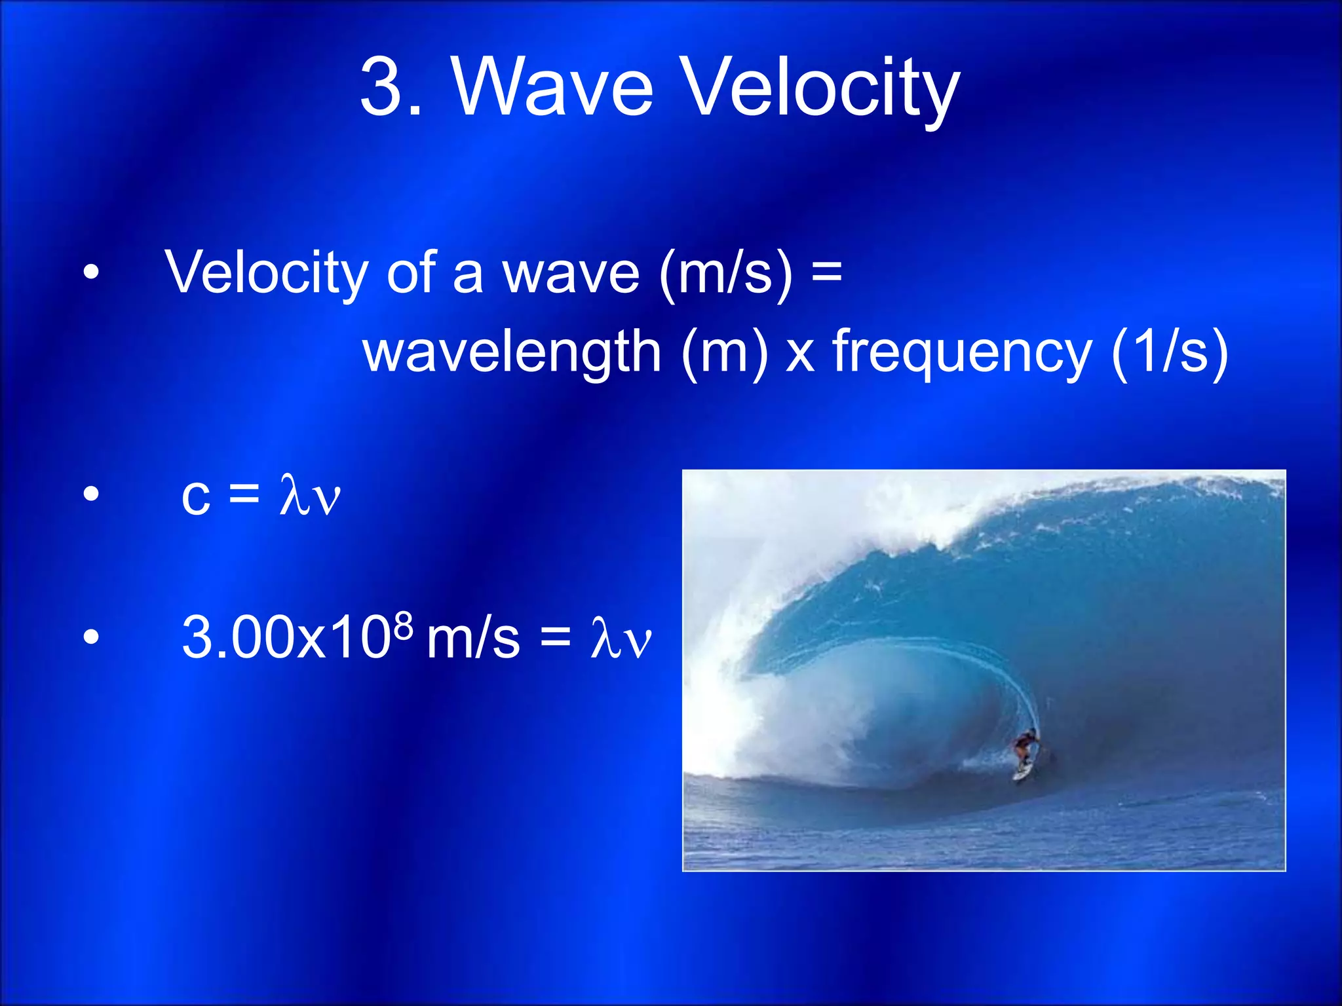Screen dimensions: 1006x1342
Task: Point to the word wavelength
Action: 512,352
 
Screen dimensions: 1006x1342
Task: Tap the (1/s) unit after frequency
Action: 1170,352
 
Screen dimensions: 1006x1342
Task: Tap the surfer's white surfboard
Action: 1022,772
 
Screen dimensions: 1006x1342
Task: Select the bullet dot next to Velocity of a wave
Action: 91,272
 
